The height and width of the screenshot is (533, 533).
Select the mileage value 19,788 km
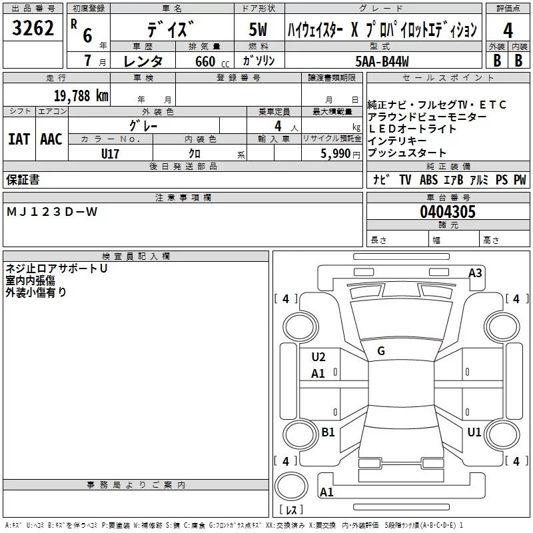[x=81, y=95]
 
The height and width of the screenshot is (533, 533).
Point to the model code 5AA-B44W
[x=382, y=61]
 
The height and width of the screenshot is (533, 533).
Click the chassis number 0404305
[x=447, y=212]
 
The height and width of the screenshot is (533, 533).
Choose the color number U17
[x=111, y=153]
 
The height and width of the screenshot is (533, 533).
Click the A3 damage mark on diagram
[x=475, y=272]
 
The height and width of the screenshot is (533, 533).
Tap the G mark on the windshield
[x=381, y=350]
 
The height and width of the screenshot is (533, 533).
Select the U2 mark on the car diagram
[x=318, y=357]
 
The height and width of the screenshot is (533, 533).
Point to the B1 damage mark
[x=328, y=432]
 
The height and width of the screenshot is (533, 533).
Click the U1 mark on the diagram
[x=474, y=432]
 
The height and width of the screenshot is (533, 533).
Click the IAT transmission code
[x=19, y=139]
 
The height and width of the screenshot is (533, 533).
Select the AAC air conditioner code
[x=51, y=139]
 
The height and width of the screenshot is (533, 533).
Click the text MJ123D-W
[x=51, y=212]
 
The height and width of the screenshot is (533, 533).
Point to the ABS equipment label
[x=429, y=180]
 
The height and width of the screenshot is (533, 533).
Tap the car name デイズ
[x=171, y=31]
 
